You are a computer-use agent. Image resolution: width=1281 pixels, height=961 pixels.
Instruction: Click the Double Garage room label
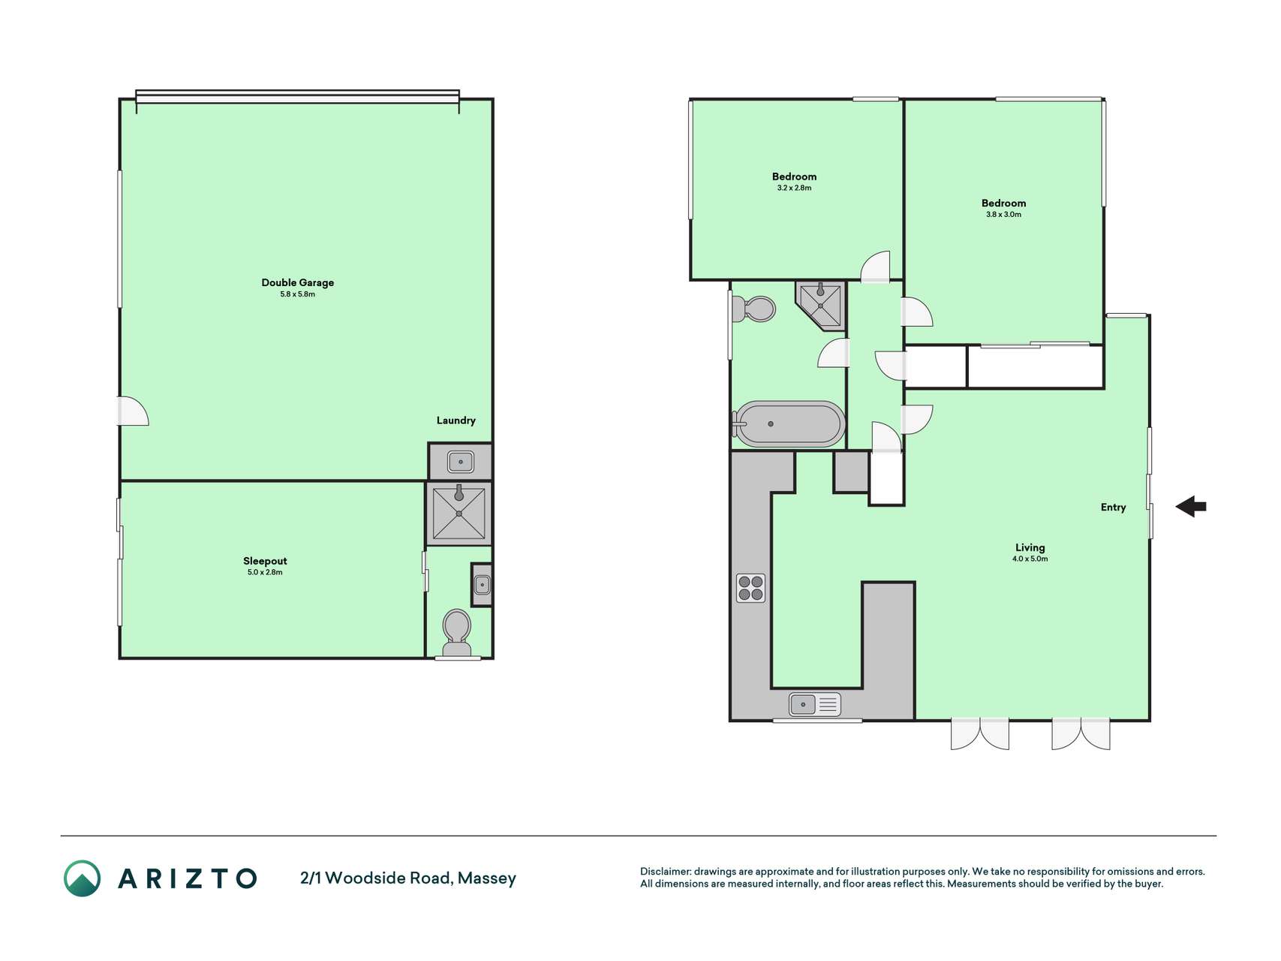(x=297, y=283)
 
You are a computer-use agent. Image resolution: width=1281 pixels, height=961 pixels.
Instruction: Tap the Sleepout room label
(x=265, y=561)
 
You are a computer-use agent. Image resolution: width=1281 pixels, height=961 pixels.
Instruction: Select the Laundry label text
(x=456, y=420)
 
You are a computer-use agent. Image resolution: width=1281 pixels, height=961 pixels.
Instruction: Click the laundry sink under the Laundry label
(x=461, y=462)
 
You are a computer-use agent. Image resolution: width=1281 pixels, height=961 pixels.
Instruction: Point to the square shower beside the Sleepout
(x=459, y=514)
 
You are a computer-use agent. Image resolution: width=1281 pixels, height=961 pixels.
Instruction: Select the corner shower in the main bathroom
(x=821, y=305)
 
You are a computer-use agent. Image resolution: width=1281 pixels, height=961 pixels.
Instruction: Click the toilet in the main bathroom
(x=753, y=309)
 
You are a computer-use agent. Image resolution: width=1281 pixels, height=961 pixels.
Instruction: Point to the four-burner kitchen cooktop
(x=750, y=588)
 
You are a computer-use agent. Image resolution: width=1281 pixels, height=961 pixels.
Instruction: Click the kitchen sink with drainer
(x=815, y=704)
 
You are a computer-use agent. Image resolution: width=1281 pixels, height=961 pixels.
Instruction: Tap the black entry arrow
(x=1191, y=507)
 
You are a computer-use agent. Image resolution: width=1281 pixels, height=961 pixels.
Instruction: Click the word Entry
(x=1113, y=508)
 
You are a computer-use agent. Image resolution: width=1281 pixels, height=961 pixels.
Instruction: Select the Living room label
(x=1030, y=548)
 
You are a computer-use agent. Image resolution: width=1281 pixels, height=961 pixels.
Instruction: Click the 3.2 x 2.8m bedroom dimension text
(x=794, y=188)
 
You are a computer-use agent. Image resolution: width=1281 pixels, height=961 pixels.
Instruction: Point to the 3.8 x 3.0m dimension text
(x=1003, y=214)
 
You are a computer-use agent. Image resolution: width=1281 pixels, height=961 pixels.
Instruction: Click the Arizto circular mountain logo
(x=82, y=878)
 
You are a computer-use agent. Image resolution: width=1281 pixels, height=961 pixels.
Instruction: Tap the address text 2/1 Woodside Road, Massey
(x=408, y=878)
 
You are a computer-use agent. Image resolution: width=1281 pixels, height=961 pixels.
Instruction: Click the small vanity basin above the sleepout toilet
(x=482, y=584)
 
